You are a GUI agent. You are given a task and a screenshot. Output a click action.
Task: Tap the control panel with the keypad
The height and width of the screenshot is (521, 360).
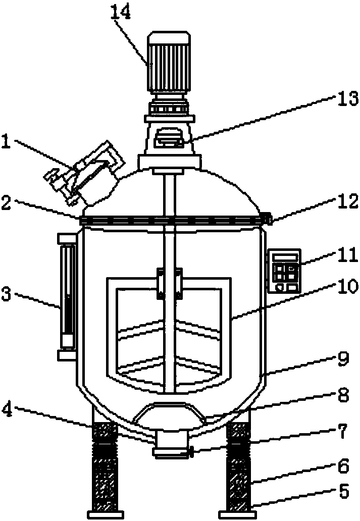[284, 272]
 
